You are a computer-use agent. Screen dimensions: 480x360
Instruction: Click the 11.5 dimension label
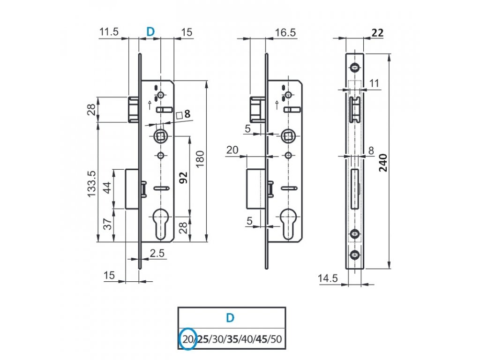point(109,31)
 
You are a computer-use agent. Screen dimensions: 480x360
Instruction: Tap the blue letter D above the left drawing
point(150,31)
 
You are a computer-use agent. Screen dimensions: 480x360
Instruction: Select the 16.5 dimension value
point(285,32)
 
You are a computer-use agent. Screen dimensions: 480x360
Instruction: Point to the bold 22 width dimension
point(377,32)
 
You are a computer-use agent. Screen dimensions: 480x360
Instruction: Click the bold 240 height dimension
point(383,163)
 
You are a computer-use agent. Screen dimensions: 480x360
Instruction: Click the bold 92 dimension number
point(183,178)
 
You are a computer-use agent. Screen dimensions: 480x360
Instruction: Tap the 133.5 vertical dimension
point(92,184)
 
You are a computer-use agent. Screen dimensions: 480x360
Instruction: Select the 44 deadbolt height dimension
point(107,187)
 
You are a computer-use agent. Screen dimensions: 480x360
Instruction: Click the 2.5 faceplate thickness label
point(157,254)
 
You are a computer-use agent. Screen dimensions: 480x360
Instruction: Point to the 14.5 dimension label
point(328,278)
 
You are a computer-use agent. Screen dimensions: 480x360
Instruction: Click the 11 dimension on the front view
point(374,83)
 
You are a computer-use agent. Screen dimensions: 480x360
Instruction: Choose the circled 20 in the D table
point(187,339)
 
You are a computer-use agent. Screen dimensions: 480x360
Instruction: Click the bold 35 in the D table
point(232,339)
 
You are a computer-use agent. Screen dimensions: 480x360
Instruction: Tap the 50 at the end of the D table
point(276,339)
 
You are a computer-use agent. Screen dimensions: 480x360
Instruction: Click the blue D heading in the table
point(230,318)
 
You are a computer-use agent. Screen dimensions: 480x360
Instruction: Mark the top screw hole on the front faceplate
point(355,67)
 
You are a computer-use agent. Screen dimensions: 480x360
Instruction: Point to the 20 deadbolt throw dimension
point(232,150)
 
